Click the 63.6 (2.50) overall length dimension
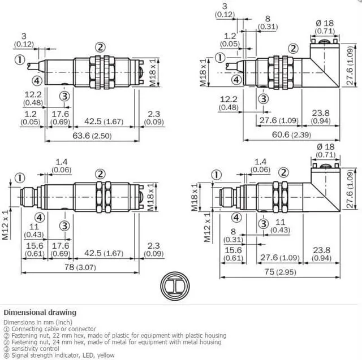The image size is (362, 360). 92,136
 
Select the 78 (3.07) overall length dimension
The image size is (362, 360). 80,267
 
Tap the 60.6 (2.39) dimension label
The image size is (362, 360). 291,135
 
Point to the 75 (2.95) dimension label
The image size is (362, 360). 281,272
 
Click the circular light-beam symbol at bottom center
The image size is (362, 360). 175,286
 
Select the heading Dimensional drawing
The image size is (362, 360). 40,313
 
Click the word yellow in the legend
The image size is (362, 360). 106,355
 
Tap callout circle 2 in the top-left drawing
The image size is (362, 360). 100,47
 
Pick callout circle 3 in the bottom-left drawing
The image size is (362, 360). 64,226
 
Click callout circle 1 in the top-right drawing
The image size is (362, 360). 220,58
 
